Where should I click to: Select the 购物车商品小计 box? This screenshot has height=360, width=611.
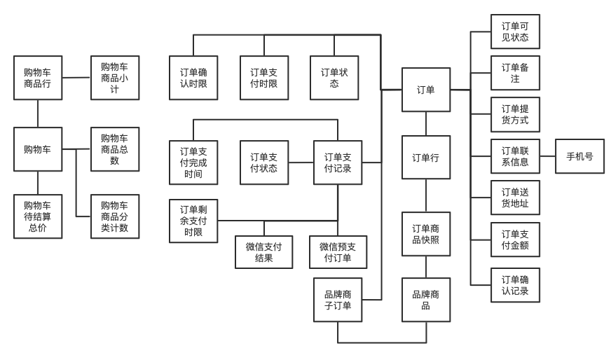115,78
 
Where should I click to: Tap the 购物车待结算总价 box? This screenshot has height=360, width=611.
38,216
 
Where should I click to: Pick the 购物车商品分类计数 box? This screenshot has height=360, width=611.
115,216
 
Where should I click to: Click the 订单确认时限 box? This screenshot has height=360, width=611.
193,78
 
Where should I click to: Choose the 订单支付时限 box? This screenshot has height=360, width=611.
263,78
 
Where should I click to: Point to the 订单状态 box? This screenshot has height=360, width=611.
334,78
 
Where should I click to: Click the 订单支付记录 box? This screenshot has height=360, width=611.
338,162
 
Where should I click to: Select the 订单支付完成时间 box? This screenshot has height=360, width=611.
193,162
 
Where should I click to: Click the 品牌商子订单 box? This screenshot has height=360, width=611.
338,299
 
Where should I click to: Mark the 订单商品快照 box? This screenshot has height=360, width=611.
426,236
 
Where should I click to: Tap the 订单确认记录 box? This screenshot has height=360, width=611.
515,285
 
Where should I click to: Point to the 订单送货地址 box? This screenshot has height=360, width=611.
515,198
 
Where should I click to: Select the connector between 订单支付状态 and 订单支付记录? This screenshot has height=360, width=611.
301,162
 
